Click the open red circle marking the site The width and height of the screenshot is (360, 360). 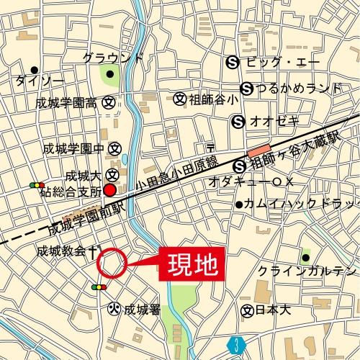(x=112, y=264)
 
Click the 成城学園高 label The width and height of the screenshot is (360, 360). (x=67, y=103)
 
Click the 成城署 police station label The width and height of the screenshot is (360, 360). (x=141, y=310)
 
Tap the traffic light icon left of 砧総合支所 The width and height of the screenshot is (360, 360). (x=37, y=185)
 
